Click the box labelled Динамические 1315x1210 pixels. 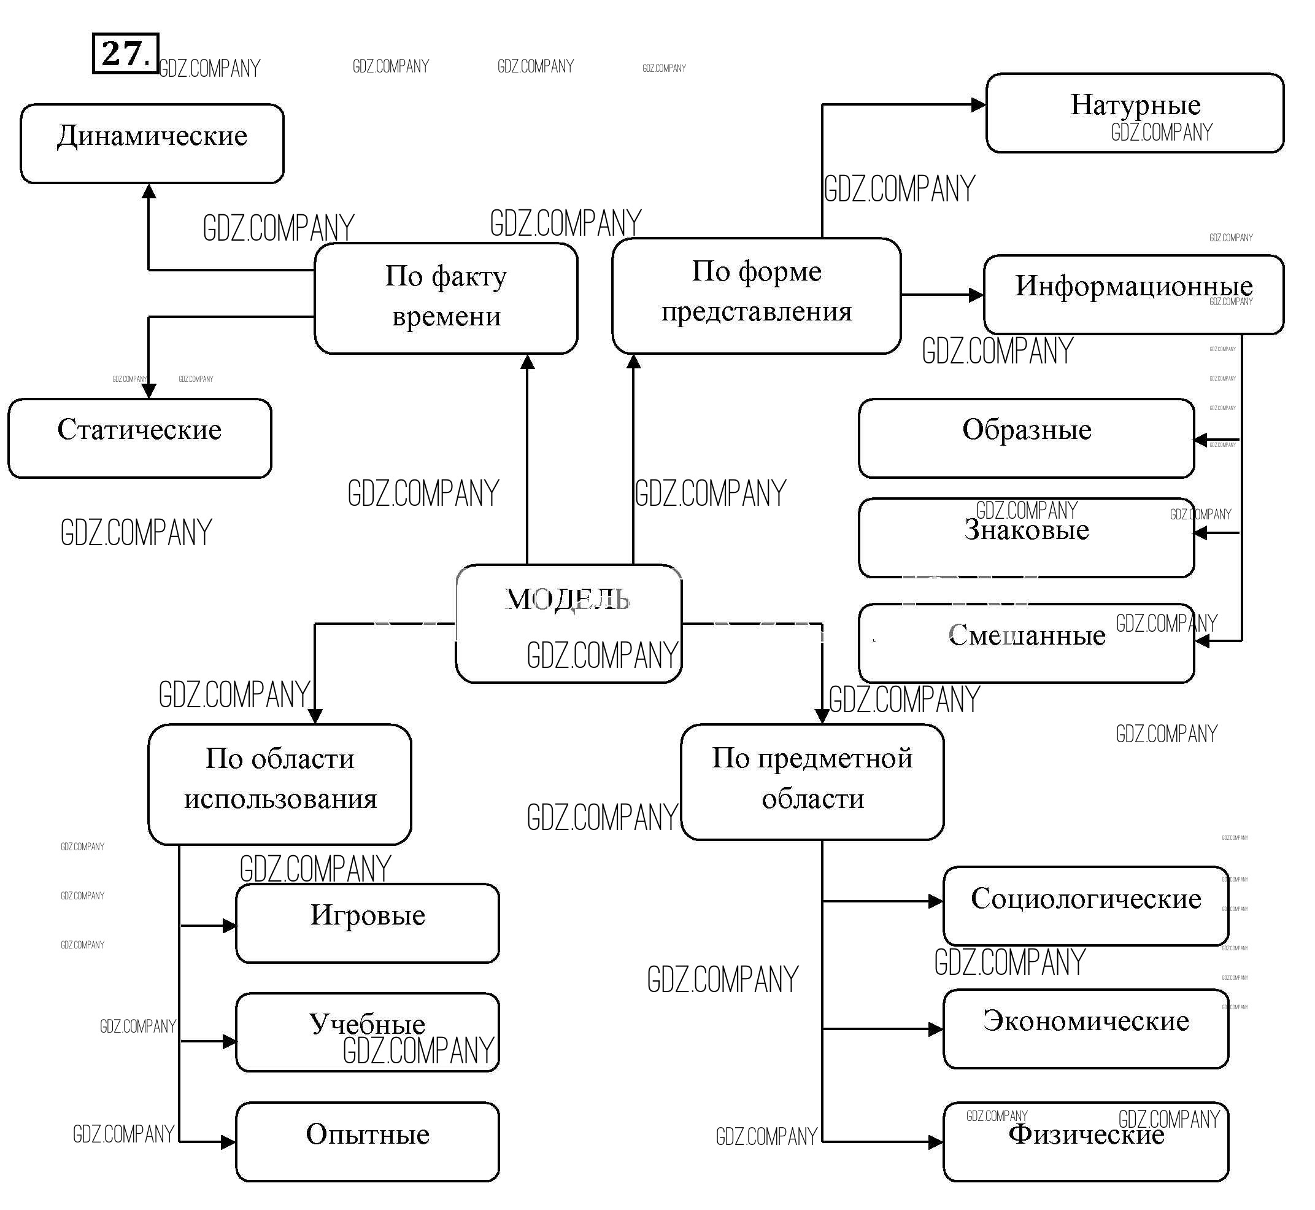click(x=152, y=144)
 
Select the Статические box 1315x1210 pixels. click(x=139, y=438)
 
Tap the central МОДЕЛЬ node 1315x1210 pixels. click(x=568, y=623)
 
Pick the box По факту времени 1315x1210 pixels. click(x=445, y=298)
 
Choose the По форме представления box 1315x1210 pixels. click(x=756, y=295)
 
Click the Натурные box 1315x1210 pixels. click(x=1135, y=112)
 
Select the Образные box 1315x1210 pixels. click(x=1026, y=438)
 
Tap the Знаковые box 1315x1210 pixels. click(x=1026, y=538)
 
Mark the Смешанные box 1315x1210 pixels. click(x=1026, y=643)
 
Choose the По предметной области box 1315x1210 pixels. click(x=812, y=781)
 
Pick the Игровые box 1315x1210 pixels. click(x=367, y=923)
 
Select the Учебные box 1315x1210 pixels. click(x=367, y=1033)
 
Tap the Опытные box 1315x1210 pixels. click(x=367, y=1142)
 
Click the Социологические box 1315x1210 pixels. click(x=1086, y=906)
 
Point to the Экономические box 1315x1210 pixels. click(x=1086, y=1029)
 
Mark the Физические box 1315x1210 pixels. click(x=1086, y=1142)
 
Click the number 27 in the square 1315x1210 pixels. click(x=125, y=53)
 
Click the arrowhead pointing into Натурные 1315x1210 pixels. click(x=978, y=105)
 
